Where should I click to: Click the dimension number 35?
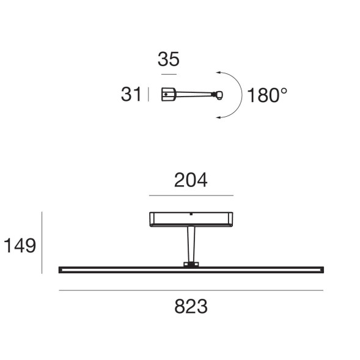169,60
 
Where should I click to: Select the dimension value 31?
131,95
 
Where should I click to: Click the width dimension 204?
191,180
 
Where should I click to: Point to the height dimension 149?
20,246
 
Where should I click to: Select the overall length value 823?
191,306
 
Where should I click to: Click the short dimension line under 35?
169,74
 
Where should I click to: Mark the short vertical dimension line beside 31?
149,95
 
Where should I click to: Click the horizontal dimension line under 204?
191,196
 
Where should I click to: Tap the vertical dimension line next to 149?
42,243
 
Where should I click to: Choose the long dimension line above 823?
191,290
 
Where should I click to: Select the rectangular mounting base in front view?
191,219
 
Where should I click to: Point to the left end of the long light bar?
61,269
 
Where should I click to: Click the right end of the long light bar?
320,269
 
